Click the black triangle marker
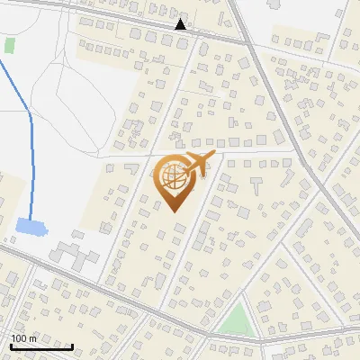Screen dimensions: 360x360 click(x=181, y=24)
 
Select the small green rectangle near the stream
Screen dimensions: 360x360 click(x=10, y=44)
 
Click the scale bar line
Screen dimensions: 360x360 click(x=41, y=346)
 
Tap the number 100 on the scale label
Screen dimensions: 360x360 click(x=19, y=338)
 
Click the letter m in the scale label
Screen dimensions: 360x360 click(x=32, y=338)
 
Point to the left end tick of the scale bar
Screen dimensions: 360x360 click(x=11, y=345)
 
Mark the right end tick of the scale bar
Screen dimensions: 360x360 click(x=73, y=345)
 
